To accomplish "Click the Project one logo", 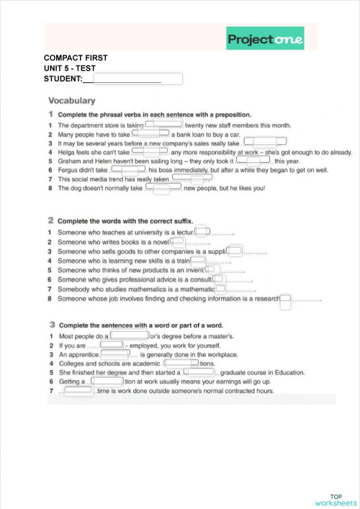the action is pyautogui.click(x=264, y=39).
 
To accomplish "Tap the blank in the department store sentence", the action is pyautogui.click(x=164, y=125).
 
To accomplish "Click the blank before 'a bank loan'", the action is pyautogui.click(x=150, y=133).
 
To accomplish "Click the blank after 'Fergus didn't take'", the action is pyautogui.click(x=128, y=170).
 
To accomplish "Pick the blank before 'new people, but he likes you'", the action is pyautogui.click(x=162, y=189).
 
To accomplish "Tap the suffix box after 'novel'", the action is pyautogui.click(x=178, y=242).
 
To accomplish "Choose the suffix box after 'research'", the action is pyautogui.click(x=286, y=298).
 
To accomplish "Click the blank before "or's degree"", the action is pyautogui.click(x=129, y=335).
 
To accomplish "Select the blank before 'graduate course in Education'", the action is pyautogui.click(x=199, y=372).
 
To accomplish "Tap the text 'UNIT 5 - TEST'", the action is pyautogui.click(x=70, y=67).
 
